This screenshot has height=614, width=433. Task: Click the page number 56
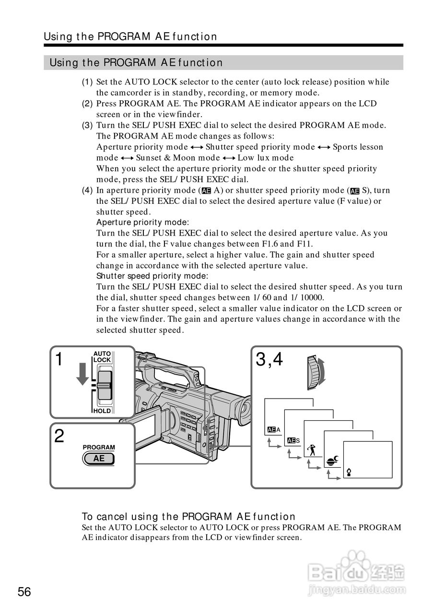(24, 592)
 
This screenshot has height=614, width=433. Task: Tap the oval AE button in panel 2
(99, 459)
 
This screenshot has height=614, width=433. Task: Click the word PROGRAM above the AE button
(99, 447)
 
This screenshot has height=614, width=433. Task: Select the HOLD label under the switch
(102, 411)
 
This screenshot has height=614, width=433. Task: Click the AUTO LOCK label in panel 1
(102, 356)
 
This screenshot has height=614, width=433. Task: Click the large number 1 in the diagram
(59, 359)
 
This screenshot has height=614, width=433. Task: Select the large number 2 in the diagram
(59, 436)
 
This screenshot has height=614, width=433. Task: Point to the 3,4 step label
(269, 359)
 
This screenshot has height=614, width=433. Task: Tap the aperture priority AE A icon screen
(274, 429)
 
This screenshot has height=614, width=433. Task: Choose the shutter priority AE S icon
(293, 440)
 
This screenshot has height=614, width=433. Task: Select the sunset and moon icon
(332, 461)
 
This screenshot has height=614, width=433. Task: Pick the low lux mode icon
(349, 473)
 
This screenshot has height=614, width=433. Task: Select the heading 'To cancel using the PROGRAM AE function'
(188, 517)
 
